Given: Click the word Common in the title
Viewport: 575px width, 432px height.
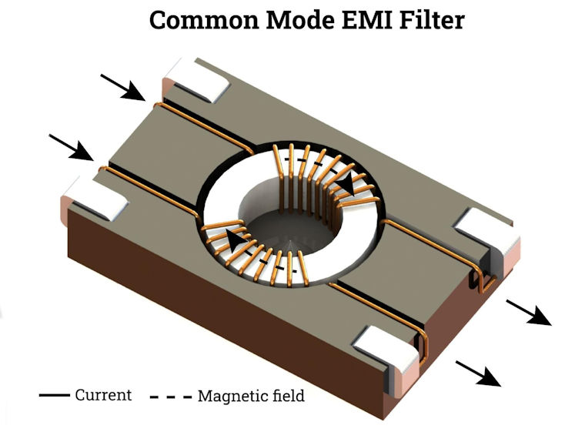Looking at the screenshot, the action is pos(205,20).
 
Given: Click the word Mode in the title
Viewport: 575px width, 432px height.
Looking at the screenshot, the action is pos(300,20).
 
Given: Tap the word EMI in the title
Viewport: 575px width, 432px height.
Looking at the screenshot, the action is pos(367,20).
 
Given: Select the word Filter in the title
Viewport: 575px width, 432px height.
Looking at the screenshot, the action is pos(433,20).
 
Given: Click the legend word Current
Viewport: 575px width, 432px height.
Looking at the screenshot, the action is pos(103,395).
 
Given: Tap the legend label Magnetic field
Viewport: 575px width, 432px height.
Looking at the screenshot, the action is pos(251,396).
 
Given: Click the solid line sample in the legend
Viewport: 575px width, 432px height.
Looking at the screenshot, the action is pos(55,395).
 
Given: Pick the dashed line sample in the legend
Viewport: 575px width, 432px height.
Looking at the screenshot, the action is pos(171,397).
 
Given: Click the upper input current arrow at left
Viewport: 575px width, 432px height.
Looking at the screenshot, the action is pos(123,87).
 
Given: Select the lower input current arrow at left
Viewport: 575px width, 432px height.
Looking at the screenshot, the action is pos(71,147).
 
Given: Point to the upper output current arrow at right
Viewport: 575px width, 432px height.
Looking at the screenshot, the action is pos(529,313).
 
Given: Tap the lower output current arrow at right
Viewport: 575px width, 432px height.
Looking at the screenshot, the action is pos(478,373).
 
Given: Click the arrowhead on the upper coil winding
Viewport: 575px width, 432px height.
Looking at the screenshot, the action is pos(346,183).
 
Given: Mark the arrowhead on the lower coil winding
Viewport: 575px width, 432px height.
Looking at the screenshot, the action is pos(236,240).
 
